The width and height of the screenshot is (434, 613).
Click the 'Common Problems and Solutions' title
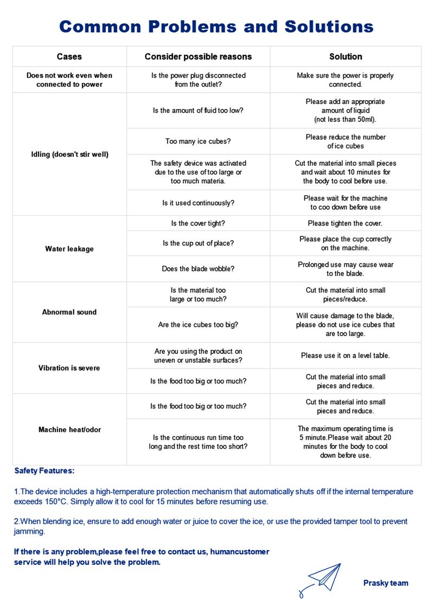click(x=216, y=26)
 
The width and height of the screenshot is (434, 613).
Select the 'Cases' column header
click(x=69, y=56)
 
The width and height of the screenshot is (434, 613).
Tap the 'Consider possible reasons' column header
click(x=198, y=56)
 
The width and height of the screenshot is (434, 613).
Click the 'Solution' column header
click(x=346, y=56)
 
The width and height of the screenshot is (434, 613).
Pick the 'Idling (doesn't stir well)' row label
click(x=69, y=154)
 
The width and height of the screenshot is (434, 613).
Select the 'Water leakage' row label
click(x=69, y=249)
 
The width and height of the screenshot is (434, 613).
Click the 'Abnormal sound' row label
click(x=69, y=312)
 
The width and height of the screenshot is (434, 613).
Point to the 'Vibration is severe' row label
click(x=69, y=368)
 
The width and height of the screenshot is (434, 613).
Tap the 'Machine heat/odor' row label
click(x=69, y=430)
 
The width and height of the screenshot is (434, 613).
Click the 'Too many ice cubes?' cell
click(x=198, y=141)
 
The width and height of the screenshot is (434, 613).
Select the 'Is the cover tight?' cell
click(x=198, y=223)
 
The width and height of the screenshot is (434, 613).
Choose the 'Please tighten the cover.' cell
click(x=346, y=223)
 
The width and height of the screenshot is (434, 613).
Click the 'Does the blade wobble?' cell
click(x=198, y=269)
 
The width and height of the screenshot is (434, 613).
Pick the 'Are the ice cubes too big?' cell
click(x=198, y=325)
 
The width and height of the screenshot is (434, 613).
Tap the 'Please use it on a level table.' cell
click(x=346, y=356)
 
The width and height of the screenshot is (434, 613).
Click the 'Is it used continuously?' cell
click(x=198, y=203)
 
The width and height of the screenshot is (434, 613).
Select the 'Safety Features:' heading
click(x=44, y=471)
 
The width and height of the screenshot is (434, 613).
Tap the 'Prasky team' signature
click(x=386, y=583)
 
